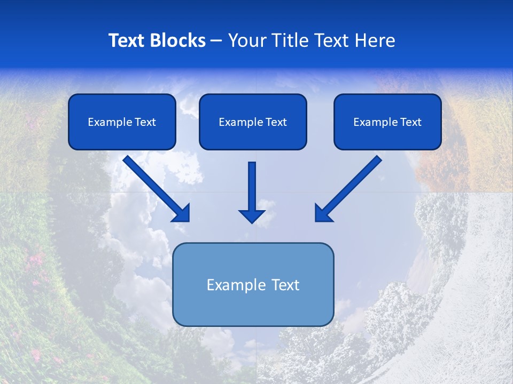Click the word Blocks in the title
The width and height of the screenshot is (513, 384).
click(180, 41)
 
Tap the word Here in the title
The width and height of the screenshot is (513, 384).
click(375, 41)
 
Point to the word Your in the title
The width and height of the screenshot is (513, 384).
click(246, 41)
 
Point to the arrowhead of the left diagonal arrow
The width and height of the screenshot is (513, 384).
click(182, 213)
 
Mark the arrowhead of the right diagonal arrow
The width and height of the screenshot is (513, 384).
click(323, 213)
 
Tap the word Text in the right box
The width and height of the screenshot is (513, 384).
click(410, 122)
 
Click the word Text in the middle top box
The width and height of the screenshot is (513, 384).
click(276, 122)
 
